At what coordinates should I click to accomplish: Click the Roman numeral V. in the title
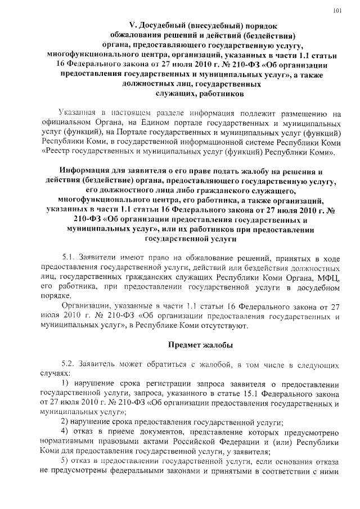(x=133, y=25)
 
